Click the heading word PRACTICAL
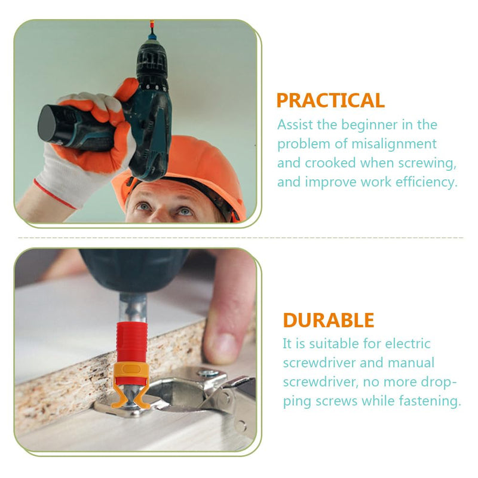[x=330, y=100]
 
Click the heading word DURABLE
[x=328, y=320]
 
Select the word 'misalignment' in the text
[x=394, y=144]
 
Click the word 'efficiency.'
[x=427, y=182]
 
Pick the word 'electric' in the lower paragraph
[x=408, y=344]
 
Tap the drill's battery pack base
[x=47, y=123]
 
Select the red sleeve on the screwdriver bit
[x=132, y=343]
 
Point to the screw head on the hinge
[x=208, y=373]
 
